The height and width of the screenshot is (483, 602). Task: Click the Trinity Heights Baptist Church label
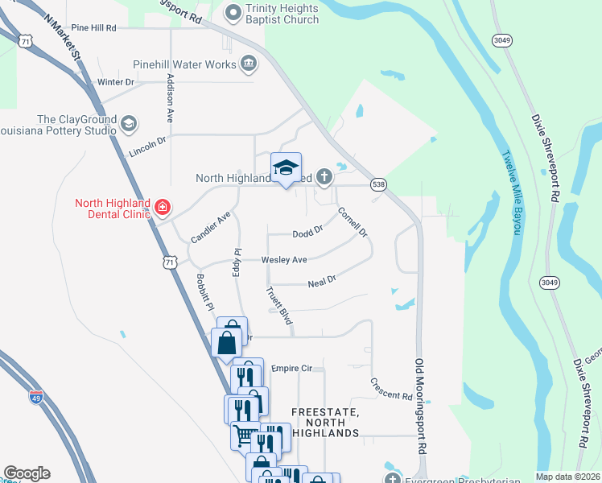(282, 14)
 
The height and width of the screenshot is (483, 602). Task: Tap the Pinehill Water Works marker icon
(249, 64)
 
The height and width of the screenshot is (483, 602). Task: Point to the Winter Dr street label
(114, 82)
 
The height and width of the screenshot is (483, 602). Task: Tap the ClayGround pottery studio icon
(129, 123)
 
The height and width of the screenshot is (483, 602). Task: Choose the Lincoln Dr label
(147, 145)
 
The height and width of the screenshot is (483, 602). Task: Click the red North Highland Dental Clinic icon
(163, 208)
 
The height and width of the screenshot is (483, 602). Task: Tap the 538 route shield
(377, 185)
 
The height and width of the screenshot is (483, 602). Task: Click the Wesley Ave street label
(284, 260)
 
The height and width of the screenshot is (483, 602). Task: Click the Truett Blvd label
(278, 307)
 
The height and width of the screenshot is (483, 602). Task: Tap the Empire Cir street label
(291, 369)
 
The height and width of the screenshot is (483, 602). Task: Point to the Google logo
(27, 473)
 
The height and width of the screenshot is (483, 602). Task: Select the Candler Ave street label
(211, 227)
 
